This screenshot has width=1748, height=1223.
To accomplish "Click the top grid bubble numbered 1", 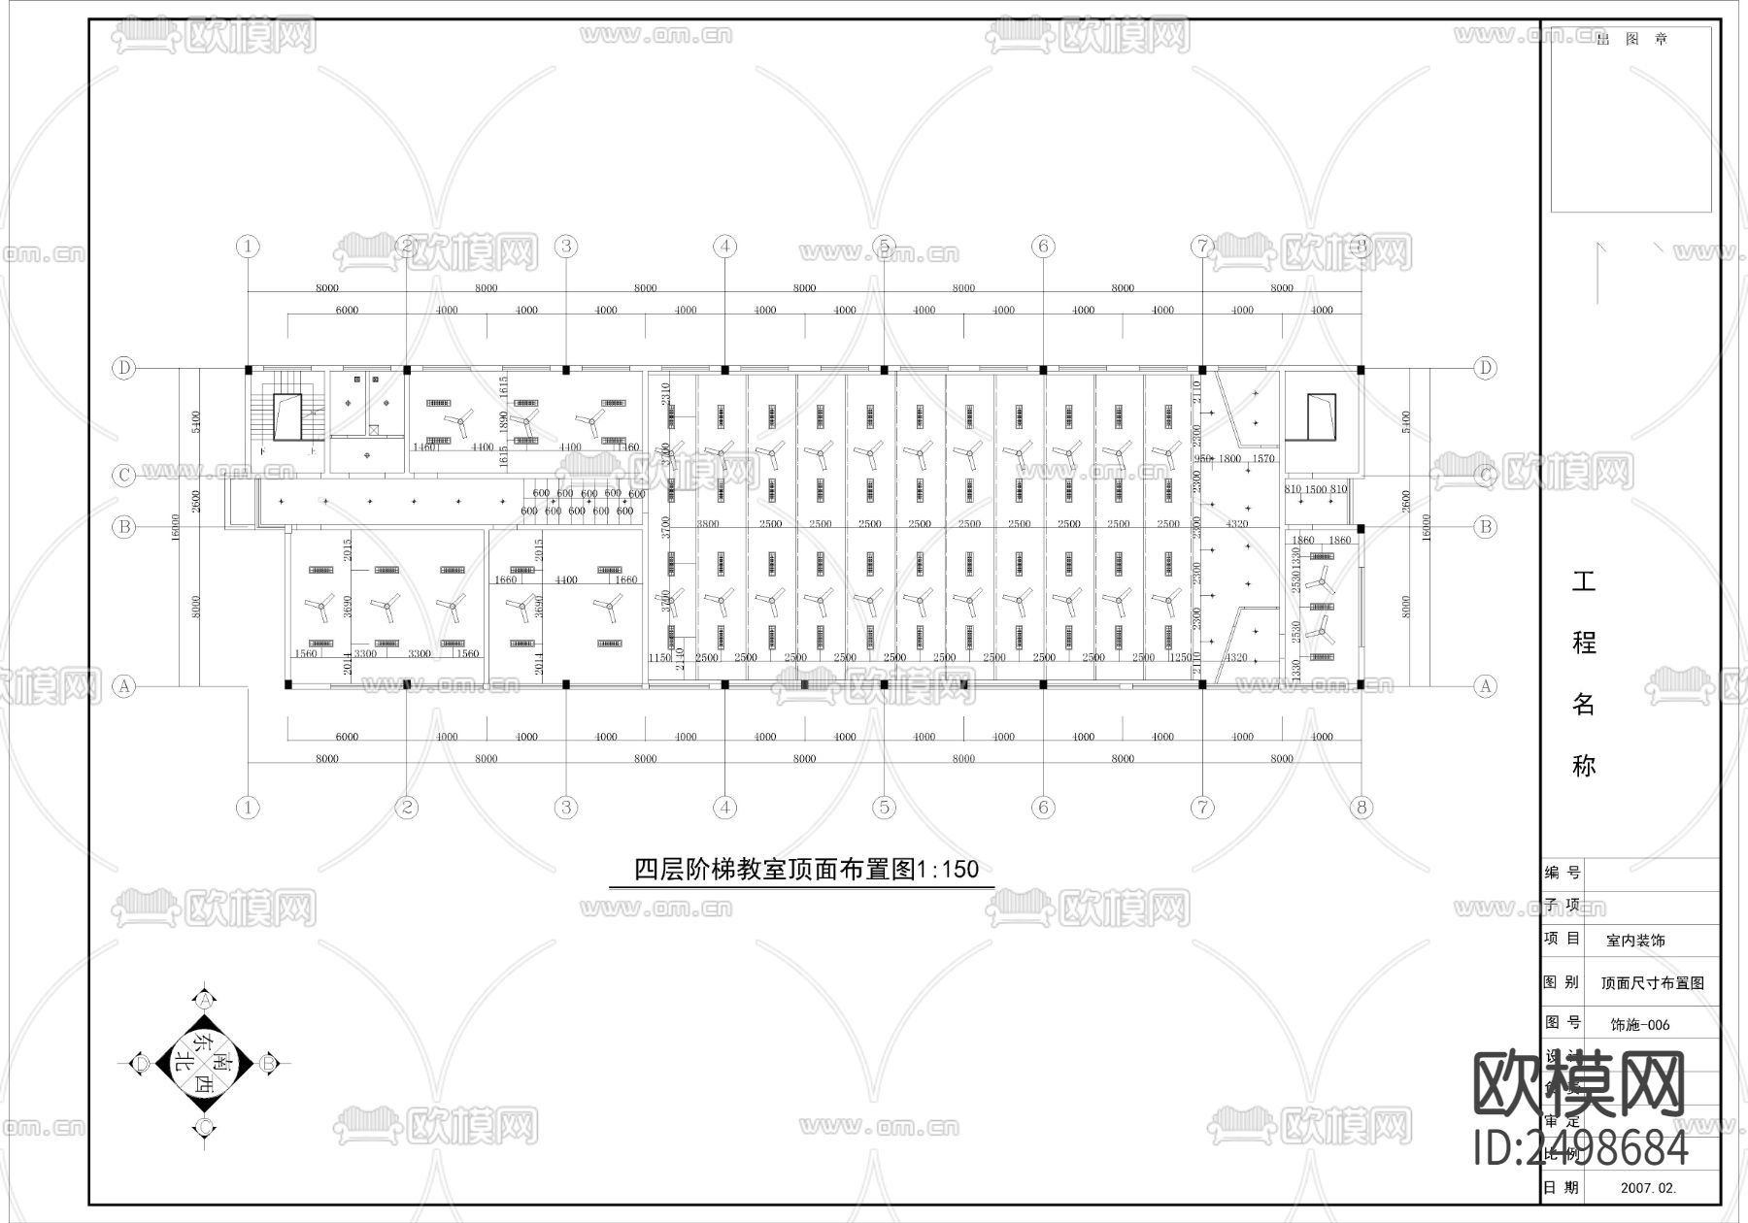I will (x=249, y=247).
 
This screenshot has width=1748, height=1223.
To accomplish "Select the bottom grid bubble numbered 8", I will (x=1361, y=808).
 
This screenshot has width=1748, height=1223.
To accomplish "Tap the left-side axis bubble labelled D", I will (x=123, y=368).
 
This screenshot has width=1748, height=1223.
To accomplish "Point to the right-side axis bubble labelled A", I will (x=1485, y=686).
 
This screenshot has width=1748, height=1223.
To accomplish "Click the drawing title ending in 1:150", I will (x=806, y=869).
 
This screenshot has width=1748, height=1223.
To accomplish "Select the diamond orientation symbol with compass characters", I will (x=205, y=1064).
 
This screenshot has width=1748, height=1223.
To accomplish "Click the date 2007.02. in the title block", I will (x=1648, y=1187).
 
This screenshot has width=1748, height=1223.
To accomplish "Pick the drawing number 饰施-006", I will (x=1640, y=1024).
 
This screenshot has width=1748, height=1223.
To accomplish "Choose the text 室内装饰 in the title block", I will (x=1635, y=941).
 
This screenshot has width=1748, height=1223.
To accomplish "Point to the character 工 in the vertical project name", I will (x=1584, y=581).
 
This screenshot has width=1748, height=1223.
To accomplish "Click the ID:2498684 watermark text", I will (x=1581, y=1148).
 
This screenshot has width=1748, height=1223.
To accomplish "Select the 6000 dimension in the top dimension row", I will (x=347, y=311).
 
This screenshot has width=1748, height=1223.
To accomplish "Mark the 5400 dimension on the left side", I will (x=196, y=422).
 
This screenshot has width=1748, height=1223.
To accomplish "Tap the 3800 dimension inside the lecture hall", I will (x=708, y=524).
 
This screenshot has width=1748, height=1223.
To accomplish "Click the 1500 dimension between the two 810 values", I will (x=1316, y=489).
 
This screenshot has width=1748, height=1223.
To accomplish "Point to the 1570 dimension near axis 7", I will (x=1262, y=458).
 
